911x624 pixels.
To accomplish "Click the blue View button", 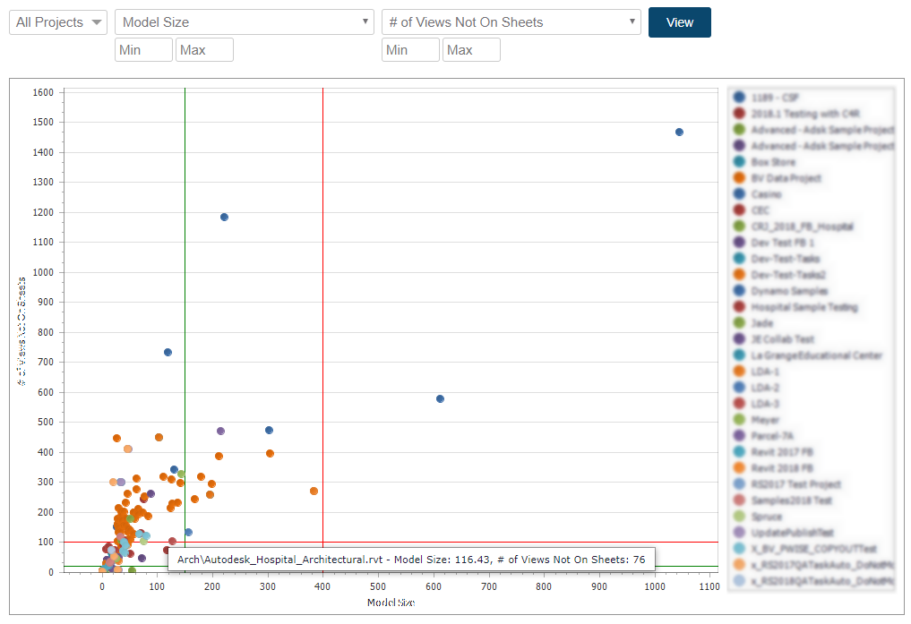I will point(679,22).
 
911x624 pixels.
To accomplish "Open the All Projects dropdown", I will point(58,22).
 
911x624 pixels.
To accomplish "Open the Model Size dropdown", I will point(244,22).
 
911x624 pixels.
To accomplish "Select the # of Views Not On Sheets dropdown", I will point(511,22).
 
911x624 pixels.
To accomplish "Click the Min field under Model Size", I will point(143,50).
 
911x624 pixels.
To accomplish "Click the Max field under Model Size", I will point(204,50).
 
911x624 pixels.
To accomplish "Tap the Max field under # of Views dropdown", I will point(471,50).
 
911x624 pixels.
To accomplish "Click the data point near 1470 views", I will point(679,132).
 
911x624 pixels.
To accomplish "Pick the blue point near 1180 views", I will point(224,217).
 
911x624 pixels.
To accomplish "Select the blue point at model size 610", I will point(440,398).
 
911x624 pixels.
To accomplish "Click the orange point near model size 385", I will point(314,491).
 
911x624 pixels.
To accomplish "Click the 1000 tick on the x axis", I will point(654,586).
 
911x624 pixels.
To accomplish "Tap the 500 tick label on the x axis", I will point(378,586).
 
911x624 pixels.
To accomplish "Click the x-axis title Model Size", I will point(391,603).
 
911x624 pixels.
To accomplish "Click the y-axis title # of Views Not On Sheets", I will point(21,331).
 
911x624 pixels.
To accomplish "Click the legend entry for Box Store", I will point(772,162).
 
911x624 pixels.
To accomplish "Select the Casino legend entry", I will point(766,194).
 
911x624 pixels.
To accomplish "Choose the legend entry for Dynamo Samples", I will point(788,291).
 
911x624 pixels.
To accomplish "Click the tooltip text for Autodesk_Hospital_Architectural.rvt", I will point(411,560).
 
